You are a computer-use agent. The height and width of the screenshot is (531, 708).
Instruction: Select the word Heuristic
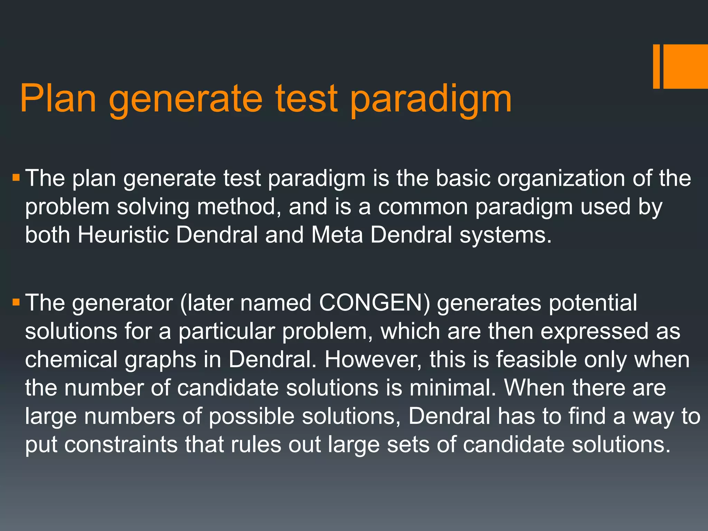pos(123,235)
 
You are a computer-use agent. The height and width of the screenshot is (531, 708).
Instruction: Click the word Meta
pos(337,235)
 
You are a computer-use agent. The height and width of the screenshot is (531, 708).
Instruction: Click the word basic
pos(463,179)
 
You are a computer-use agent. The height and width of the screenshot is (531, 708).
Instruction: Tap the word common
pos(422,207)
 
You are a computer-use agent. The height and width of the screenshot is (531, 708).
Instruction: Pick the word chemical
pos(71,360)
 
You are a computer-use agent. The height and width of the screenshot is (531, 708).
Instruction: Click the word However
pos(373,360)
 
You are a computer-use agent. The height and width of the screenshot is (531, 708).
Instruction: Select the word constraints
pos(121,445)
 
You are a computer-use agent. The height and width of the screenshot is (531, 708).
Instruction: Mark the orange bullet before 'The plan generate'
pos(16,178)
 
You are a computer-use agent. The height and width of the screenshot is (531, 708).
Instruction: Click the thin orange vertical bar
pos(656,66)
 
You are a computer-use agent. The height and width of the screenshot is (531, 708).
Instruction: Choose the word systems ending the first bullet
pos(505,235)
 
